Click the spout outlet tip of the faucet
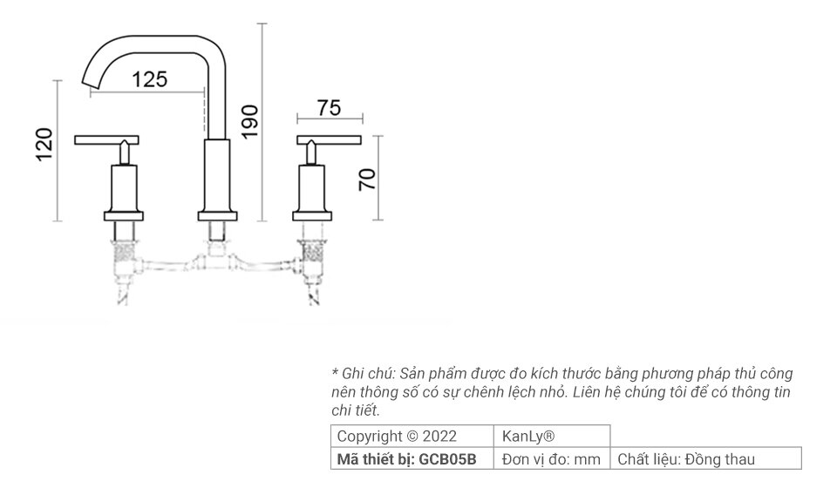[x=91, y=80]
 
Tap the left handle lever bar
[x=108, y=140]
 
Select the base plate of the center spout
[x=217, y=215]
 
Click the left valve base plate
[x=124, y=215]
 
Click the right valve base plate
[x=313, y=215]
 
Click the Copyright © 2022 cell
[x=397, y=436]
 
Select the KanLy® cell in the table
[x=528, y=436]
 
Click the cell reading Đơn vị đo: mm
[x=552, y=459]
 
